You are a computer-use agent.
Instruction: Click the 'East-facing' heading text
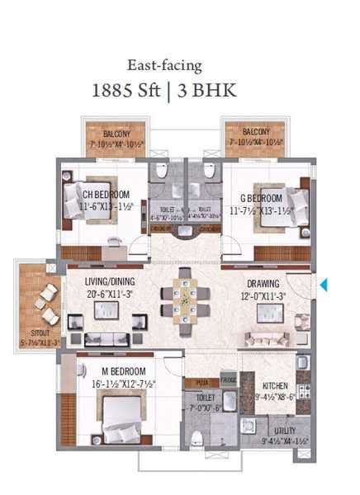(165, 65)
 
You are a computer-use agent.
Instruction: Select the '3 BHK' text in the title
(201, 90)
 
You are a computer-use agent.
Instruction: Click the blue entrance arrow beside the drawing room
(324, 285)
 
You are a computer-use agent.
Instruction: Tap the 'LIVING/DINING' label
(110, 281)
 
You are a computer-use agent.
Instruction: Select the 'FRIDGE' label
(229, 382)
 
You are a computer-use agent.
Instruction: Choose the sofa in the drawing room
(266, 339)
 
